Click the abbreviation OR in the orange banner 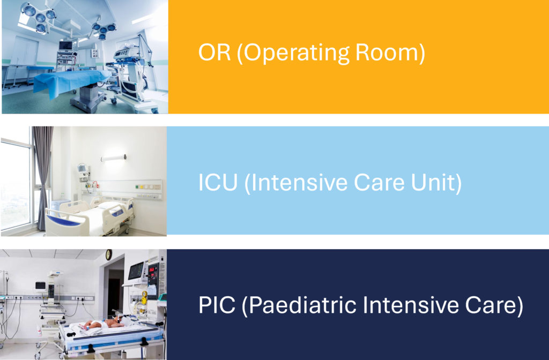pyautogui.click(x=214, y=53)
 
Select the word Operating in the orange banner pyautogui.click(x=293, y=54)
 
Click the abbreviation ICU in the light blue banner pyautogui.click(x=218, y=182)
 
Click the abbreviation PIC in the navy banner pyautogui.click(x=217, y=305)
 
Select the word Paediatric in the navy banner pyautogui.click(x=299, y=305)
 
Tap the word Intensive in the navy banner pyautogui.click(x=410, y=305)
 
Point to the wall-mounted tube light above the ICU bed pyautogui.click(x=114, y=158)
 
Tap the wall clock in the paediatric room pyautogui.click(x=109, y=254)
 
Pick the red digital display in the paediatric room pyautogui.click(x=152, y=270)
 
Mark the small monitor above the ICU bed pyautogui.click(x=82, y=169)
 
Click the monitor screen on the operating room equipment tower pyautogui.click(x=65, y=46)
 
